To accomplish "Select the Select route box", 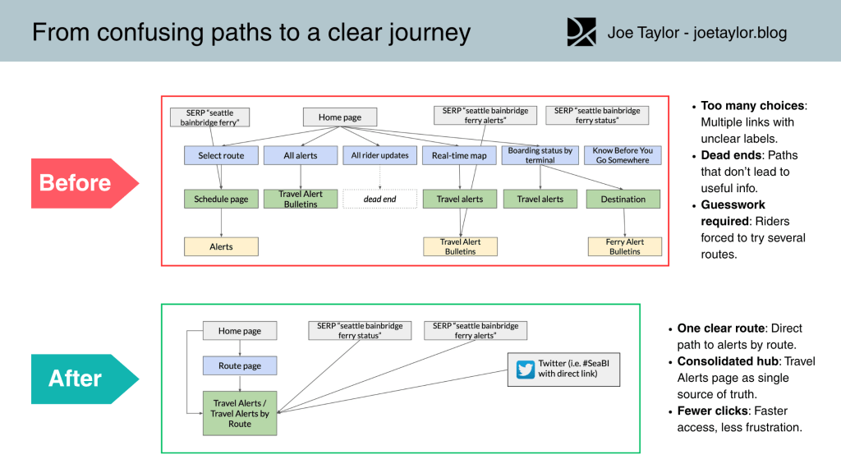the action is pyautogui.click(x=221, y=155).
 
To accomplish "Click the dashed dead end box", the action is pyautogui.click(x=379, y=199).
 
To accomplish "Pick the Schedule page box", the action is pyautogui.click(x=221, y=199).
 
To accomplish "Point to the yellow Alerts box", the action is pyautogui.click(x=221, y=246).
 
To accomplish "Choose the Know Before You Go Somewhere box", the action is pyautogui.click(x=623, y=155).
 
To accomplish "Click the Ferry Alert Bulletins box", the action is pyautogui.click(x=625, y=246).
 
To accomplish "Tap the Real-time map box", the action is pyautogui.click(x=459, y=155).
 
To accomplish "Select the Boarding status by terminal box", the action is pyautogui.click(x=540, y=155).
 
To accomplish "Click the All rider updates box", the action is pyautogui.click(x=379, y=155).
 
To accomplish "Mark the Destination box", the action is pyautogui.click(x=623, y=199).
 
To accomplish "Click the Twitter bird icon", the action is pyautogui.click(x=526, y=370).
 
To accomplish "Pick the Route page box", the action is pyautogui.click(x=240, y=365).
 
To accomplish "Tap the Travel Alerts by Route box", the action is pyautogui.click(x=240, y=414).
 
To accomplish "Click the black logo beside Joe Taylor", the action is pyautogui.click(x=581, y=32).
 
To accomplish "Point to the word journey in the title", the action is pyautogui.click(x=430, y=33).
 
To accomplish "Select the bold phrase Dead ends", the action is pyautogui.click(x=731, y=155).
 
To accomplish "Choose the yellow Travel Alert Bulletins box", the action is pyautogui.click(x=460, y=246).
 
